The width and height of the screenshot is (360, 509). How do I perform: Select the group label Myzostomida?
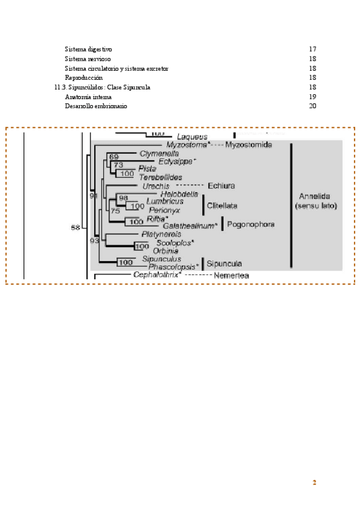click(248, 145)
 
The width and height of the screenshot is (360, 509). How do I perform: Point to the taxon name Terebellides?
click(160, 177)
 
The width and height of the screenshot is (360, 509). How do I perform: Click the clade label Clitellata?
click(223, 205)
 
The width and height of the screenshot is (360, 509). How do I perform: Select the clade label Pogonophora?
click(251, 224)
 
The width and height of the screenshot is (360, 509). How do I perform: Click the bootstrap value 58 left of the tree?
click(76, 227)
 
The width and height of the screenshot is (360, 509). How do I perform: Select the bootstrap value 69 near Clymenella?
click(114, 157)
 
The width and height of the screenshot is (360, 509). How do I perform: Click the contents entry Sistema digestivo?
click(88, 49)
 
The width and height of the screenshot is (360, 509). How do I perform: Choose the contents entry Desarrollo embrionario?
click(96, 106)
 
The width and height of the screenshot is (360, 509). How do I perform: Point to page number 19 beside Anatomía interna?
click(312, 97)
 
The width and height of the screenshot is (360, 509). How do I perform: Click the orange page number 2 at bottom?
click(314, 483)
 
